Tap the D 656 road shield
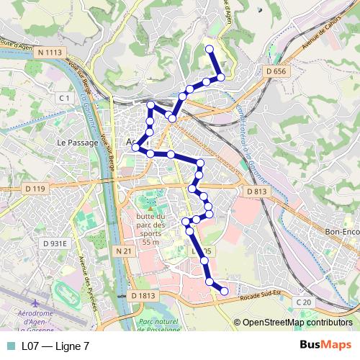click(276, 71)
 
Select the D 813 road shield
click(257, 192)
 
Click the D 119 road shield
click(34, 189)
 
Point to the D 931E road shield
click(54, 244)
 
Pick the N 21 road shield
click(123, 251)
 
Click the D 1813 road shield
click(143, 296)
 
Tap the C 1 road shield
click(64, 97)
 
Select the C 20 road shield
click(303, 302)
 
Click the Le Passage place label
click(77, 143)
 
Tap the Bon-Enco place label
click(341, 232)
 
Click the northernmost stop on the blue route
click(210, 49)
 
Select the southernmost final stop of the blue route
click(224, 292)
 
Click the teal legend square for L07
click(10, 346)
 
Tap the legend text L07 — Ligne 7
click(55, 346)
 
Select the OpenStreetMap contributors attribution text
click(297, 323)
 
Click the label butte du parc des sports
click(150, 229)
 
